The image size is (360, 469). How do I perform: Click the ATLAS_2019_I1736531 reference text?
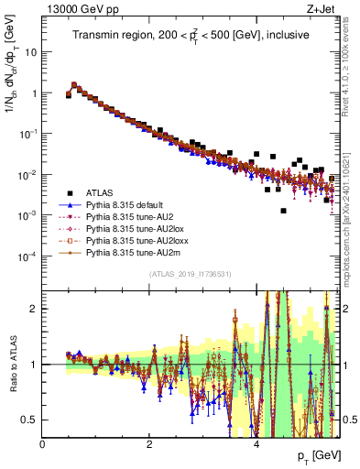pos(191,274)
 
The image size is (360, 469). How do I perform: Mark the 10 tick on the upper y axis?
pos(32,52)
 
